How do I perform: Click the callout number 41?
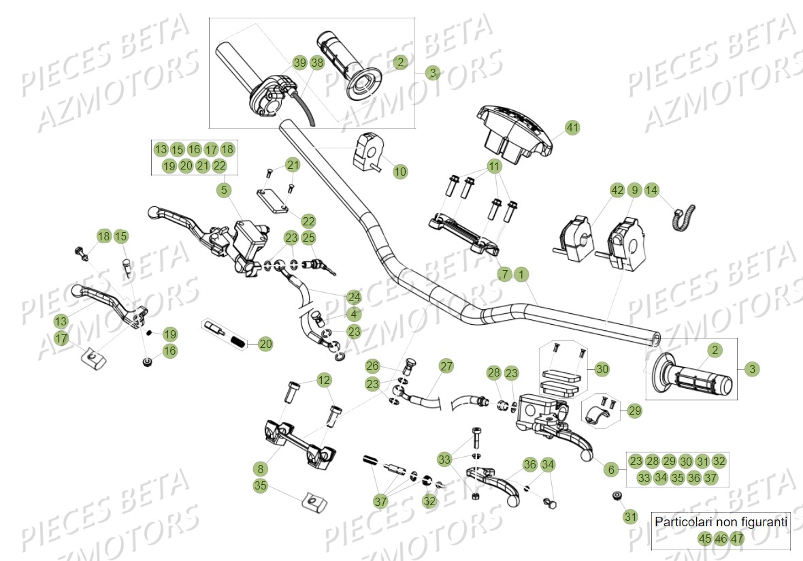[572, 127]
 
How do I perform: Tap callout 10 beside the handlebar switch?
[400, 172]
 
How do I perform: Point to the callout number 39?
[300, 63]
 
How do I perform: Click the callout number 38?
[317, 63]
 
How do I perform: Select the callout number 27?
[446, 366]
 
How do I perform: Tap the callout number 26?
[372, 366]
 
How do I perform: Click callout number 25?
[309, 238]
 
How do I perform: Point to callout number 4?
[353, 315]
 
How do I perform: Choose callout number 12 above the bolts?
[324, 379]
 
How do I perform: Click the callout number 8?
[260, 468]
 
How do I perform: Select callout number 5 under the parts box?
[225, 191]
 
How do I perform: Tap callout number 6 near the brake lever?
[610, 469]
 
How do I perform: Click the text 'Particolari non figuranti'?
[721, 522]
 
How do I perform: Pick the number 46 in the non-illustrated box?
[721, 539]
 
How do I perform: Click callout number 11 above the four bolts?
[493, 166]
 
